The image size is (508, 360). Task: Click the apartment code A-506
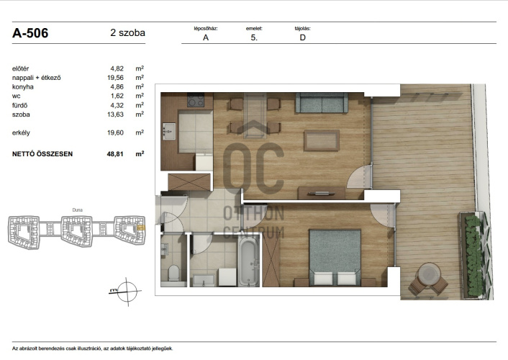(30, 33)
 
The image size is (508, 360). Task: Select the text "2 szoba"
(127, 32)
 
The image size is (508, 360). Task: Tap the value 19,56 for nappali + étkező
(115, 78)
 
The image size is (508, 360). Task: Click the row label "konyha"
(23, 87)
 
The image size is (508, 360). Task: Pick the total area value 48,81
(115, 154)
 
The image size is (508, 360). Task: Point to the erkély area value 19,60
(115, 132)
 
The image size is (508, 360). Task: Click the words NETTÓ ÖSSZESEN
(42, 154)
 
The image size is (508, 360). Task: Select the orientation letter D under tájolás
(303, 37)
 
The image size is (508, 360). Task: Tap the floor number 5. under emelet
(254, 37)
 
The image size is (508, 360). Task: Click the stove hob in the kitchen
(196, 100)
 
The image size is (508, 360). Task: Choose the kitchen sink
(169, 131)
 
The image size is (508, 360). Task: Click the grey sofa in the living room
(322, 103)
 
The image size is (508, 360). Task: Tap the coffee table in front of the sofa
(322, 140)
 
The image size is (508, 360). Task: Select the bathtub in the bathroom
(248, 261)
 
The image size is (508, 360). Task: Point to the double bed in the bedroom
(335, 258)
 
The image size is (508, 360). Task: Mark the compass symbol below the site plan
(127, 292)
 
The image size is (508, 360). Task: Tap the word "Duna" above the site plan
(78, 210)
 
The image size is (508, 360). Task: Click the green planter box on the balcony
(474, 255)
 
